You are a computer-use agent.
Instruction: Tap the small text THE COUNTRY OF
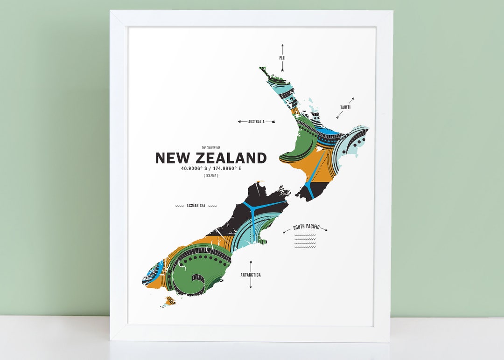[211, 147]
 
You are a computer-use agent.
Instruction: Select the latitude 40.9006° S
[194, 168]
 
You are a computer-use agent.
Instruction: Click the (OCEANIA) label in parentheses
[211, 176]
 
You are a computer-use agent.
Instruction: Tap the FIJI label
[282, 58]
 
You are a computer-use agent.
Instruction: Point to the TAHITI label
[345, 107]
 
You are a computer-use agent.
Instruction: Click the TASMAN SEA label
[196, 206]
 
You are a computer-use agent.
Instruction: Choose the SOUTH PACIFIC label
[306, 228]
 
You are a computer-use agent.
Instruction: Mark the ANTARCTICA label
[251, 275]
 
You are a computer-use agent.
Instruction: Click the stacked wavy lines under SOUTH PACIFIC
[306, 241]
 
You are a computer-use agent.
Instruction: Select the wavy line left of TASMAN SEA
[179, 206]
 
